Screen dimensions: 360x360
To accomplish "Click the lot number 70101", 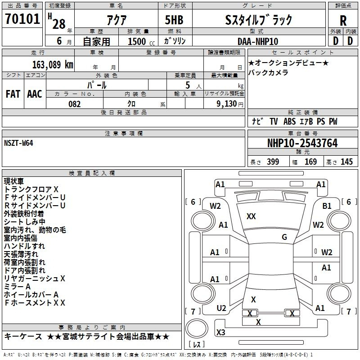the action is pyautogui.click(x=22, y=19).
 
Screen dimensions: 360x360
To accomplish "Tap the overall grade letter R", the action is pyautogui.click(x=343, y=21).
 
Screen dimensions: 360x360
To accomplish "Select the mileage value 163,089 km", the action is pyautogui.click(x=53, y=64).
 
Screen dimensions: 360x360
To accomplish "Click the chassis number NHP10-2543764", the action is pyautogui.click(x=302, y=143).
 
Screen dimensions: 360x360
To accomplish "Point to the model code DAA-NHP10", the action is pyautogui.click(x=257, y=41).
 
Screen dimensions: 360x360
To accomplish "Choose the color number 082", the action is pyautogui.click(x=74, y=104).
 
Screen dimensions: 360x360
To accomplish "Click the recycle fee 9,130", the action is pyautogui.click(x=227, y=103).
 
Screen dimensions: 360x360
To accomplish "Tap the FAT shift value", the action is pyautogui.click(x=13, y=94).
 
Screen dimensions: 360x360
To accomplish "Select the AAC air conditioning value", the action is pyautogui.click(x=35, y=94).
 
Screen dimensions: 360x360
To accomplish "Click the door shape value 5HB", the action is pyautogui.click(x=174, y=20).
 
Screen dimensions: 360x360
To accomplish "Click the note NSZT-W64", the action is pyautogui.click(x=18, y=143).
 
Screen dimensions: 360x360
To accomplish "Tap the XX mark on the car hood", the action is pyautogui.click(x=251, y=216).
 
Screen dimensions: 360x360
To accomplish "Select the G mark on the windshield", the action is pyautogui.click(x=284, y=237).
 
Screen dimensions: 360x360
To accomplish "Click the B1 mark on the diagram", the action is pyautogui.click(x=327, y=206).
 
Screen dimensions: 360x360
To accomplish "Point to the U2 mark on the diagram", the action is pyautogui.click(x=221, y=308).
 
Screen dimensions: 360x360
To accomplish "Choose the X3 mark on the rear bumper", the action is pyautogui.click(x=220, y=332).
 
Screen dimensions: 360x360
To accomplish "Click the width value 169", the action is pyautogui.click(x=310, y=162).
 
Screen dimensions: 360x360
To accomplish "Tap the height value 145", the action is pyautogui.click(x=346, y=162).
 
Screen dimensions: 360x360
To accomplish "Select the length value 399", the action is pyautogui.click(x=273, y=162).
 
